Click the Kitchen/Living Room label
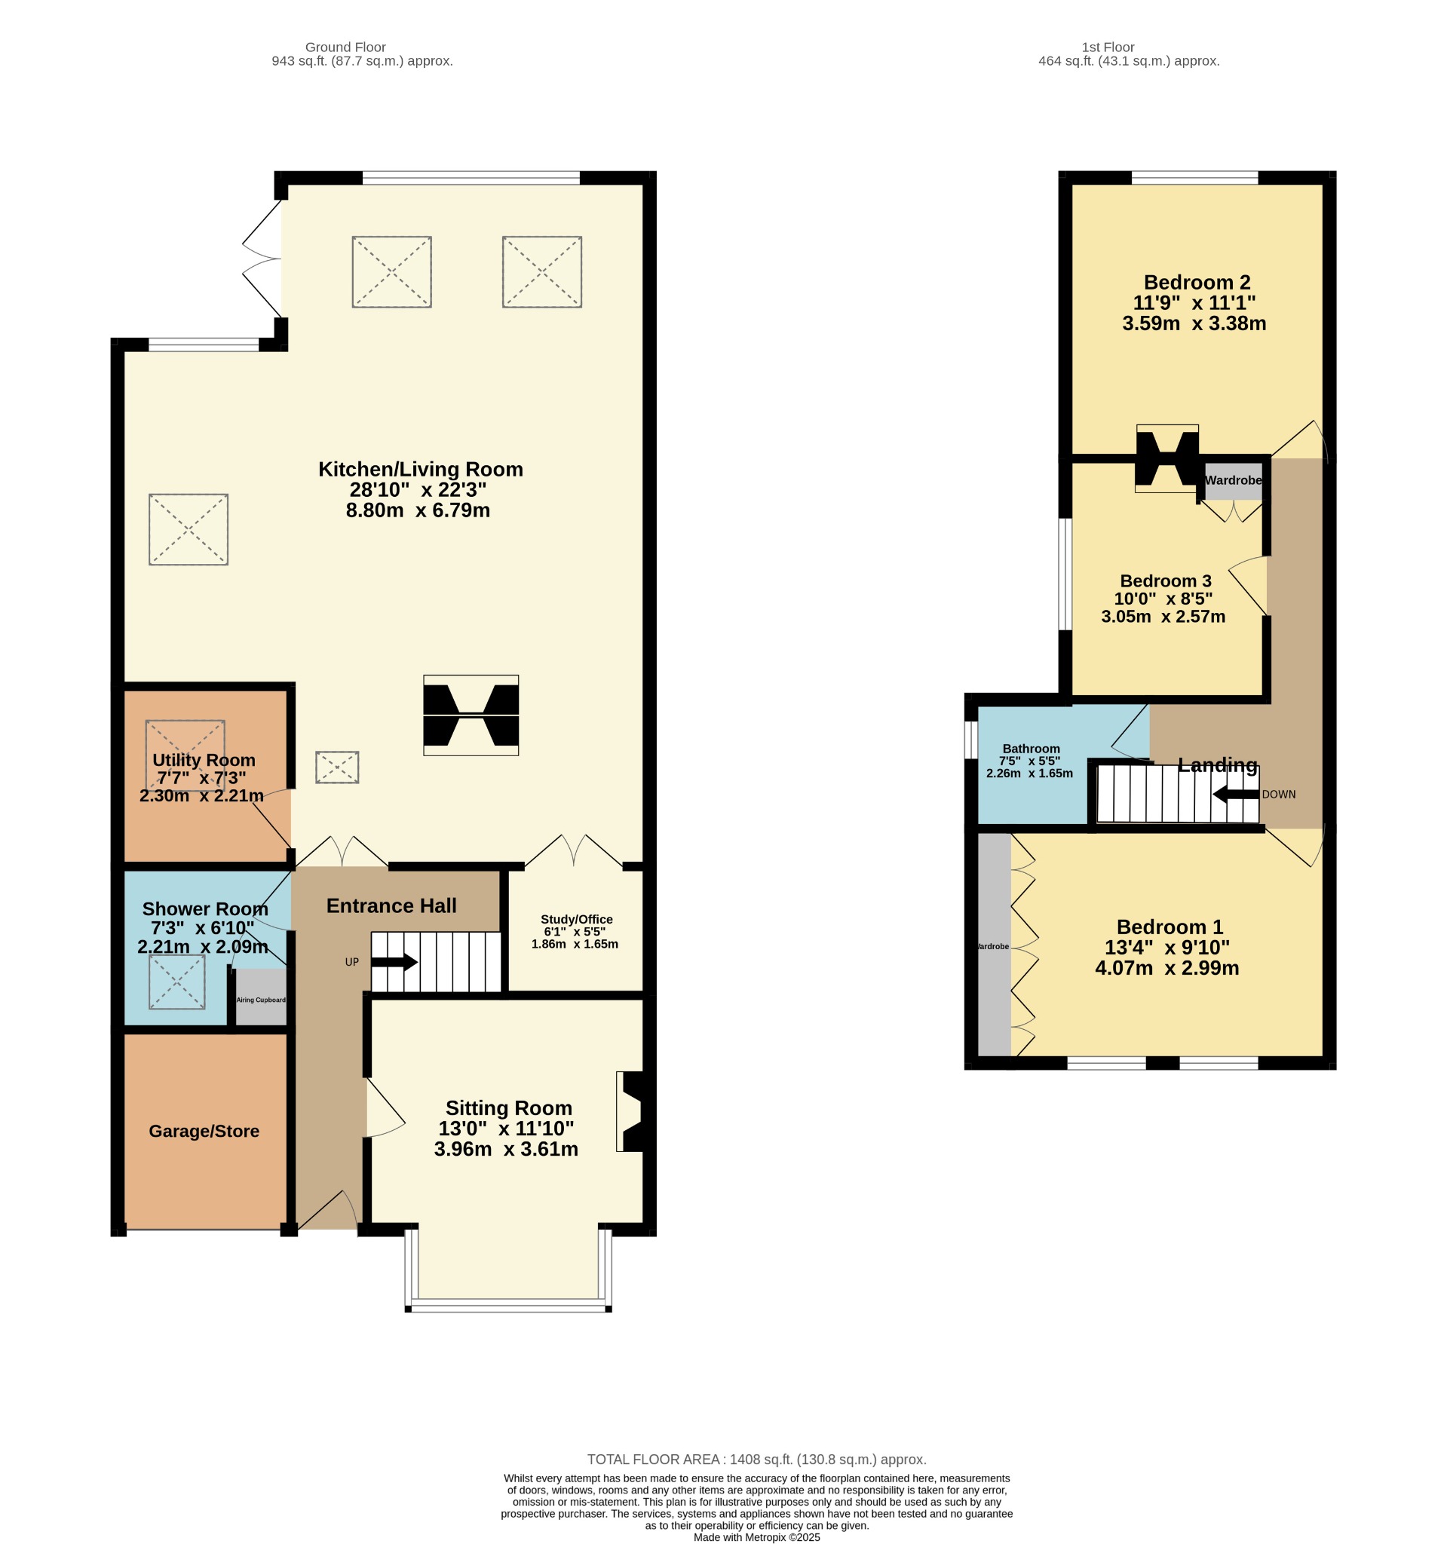(x=420, y=469)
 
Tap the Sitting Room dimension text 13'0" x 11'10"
(x=506, y=1129)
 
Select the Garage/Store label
(x=204, y=1131)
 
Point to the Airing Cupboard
(x=261, y=997)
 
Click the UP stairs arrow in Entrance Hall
(x=394, y=962)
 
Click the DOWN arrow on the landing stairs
(x=1235, y=795)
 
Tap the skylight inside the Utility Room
(x=185, y=755)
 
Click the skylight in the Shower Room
(x=177, y=982)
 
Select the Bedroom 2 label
(x=1197, y=282)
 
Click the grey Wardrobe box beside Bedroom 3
(x=1233, y=481)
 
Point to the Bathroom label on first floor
(x=1031, y=749)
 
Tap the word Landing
(x=1217, y=765)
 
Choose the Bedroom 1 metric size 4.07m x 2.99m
(x=1166, y=968)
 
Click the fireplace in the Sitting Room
(x=630, y=1111)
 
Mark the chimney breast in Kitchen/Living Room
(x=471, y=715)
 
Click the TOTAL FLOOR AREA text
(x=756, y=1460)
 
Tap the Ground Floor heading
(x=345, y=47)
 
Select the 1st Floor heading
(x=1108, y=47)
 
